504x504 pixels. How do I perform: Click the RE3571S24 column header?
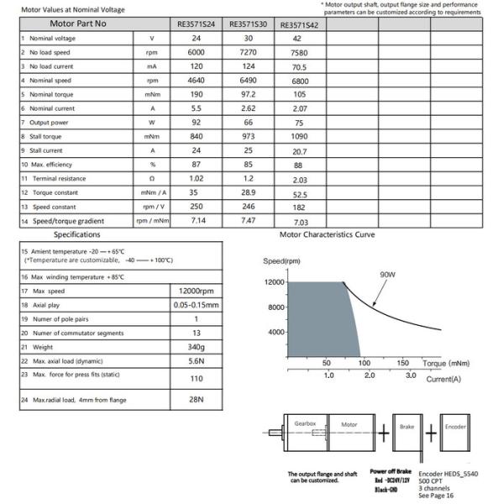click(x=196, y=24)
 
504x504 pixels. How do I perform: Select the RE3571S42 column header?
click(x=301, y=25)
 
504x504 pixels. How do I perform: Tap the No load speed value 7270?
click(x=248, y=52)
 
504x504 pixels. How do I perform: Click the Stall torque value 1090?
click(x=301, y=136)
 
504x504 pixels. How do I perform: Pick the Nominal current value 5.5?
click(x=196, y=108)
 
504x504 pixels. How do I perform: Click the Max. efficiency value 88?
click(x=301, y=165)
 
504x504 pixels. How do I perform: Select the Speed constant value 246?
click(x=248, y=206)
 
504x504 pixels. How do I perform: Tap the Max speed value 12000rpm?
click(x=196, y=291)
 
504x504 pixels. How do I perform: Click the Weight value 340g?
click(x=196, y=347)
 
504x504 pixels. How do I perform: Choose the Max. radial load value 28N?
click(x=196, y=400)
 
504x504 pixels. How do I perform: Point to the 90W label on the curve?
click(x=388, y=274)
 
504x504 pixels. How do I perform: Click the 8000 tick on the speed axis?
click(x=278, y=307)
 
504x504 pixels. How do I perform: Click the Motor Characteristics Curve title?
click(x=327, y=235)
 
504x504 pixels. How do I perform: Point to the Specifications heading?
click(x=76, y=235)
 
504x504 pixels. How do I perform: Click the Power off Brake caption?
click(x=390, y=471)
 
